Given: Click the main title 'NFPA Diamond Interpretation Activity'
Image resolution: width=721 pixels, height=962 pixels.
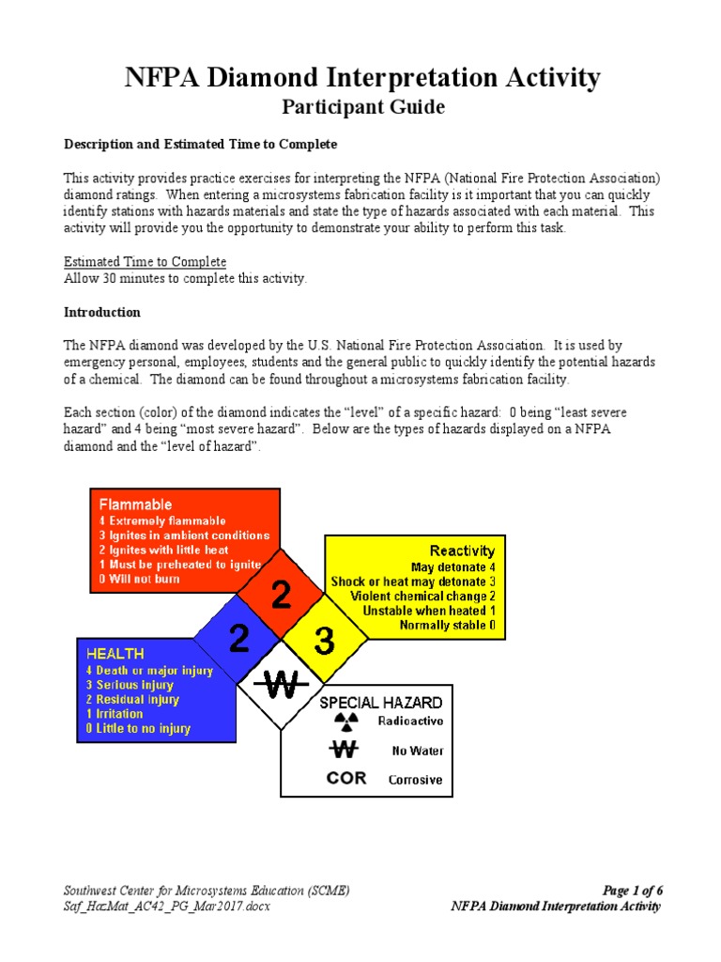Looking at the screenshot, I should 362,78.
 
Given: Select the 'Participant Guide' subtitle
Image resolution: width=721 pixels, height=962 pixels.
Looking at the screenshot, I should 363,107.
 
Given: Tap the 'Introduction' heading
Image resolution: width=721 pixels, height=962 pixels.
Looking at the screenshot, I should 101,312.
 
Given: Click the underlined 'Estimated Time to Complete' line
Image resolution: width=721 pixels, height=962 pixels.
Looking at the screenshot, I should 145,261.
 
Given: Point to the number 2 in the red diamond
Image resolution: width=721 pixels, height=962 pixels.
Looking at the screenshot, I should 280,596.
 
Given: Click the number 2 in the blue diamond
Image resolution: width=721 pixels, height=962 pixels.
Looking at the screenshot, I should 238,640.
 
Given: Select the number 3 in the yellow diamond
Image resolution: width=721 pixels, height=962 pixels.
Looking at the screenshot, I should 324,642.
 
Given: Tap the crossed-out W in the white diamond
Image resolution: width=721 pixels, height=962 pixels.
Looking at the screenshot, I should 281,686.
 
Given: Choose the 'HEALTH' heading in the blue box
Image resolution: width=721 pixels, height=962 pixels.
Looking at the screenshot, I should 115,653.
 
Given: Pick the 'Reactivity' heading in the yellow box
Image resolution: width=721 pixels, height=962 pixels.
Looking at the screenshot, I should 462,551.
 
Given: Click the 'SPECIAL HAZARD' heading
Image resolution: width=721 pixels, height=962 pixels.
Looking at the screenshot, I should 381,702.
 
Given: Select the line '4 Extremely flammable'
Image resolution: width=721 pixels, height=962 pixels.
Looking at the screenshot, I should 161,520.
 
